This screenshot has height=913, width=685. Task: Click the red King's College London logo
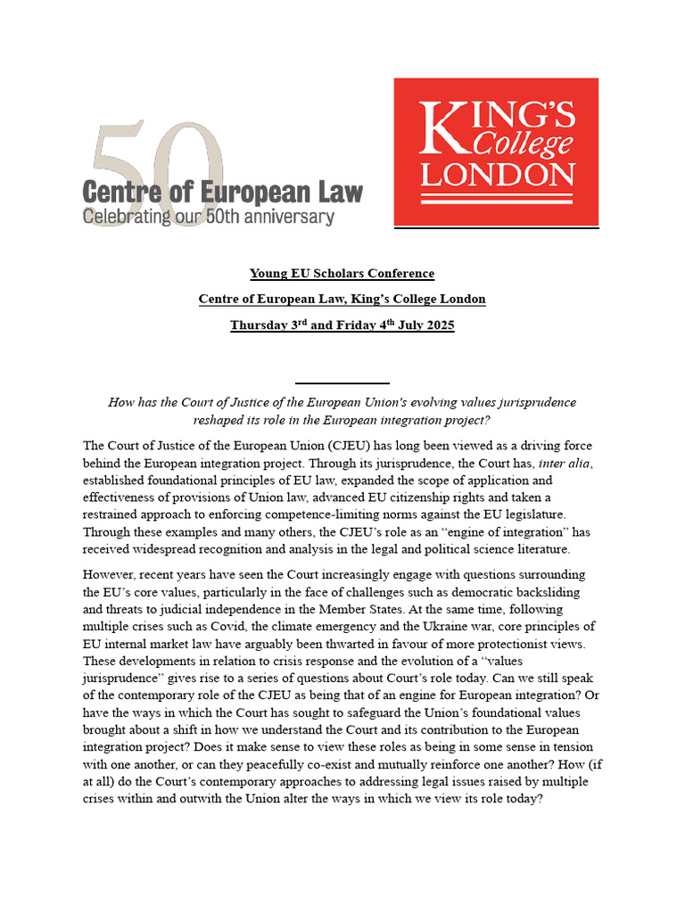pyautogui.click(x=496, y=152)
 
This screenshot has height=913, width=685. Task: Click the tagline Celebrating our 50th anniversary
pyautogui.click(x=209, y=217)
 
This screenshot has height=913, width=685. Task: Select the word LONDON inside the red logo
pyautogui.click(x=496, y=173)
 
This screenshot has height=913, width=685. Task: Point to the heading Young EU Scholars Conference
pyautogui.click(x=342, y=274)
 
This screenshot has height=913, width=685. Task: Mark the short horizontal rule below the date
pyautogui.click(x=342, y=382)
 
